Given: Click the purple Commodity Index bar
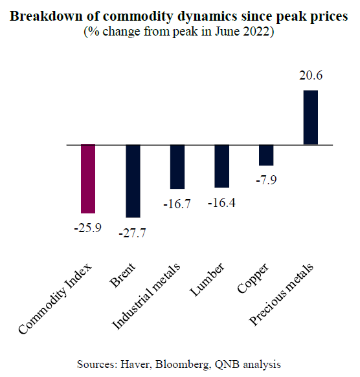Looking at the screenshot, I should [x=87, y=179].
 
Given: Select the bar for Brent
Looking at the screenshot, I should [x=133, y=181].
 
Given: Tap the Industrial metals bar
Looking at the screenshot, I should [x=177, y=167].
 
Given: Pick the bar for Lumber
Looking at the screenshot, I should [x=221, y=166].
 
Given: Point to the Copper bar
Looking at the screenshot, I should [x=266, y=155].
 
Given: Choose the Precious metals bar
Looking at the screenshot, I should [x=311, y=117].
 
